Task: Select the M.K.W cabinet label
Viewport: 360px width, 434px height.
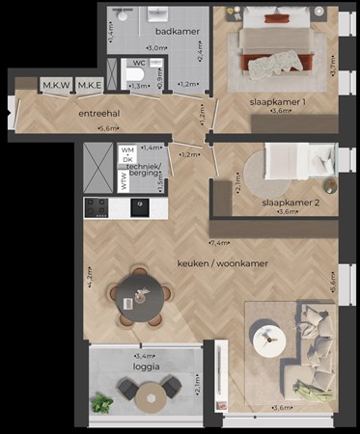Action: [55, 87]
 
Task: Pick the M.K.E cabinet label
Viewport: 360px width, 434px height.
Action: [91, 87]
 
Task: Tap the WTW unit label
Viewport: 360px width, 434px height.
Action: [125, 181]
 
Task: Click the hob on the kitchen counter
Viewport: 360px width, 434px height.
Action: [97, 206]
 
